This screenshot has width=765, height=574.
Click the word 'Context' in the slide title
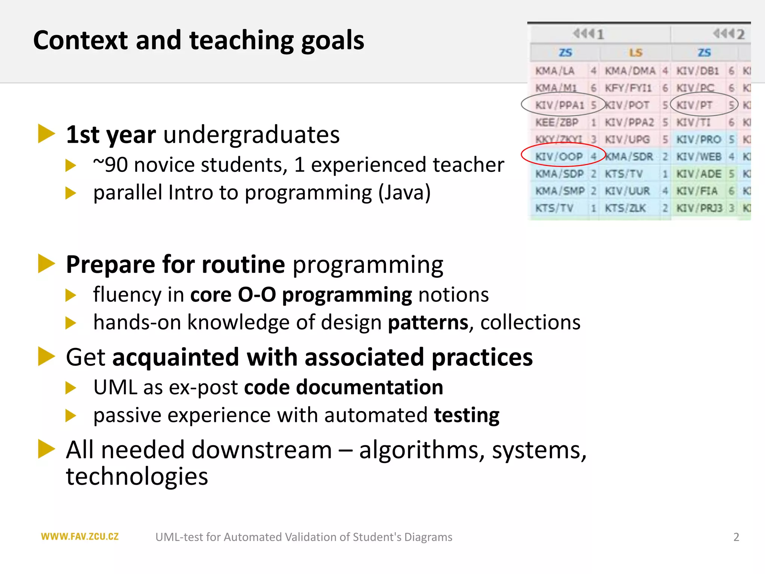(x=80, y=40)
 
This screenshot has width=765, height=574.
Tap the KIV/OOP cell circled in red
(x=559, y=157)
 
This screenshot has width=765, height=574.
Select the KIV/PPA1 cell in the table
(x=559, y=105)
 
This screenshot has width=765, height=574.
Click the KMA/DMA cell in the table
(x=630, y=71)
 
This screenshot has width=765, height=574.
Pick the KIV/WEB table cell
(x=699, y=157)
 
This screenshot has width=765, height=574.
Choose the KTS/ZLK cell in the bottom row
(x=625, y=208)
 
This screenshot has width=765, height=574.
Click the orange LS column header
(x=635, y=53)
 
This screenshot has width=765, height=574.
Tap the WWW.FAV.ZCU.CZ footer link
(x=80, y=537)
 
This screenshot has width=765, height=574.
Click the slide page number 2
(x=736, y=537)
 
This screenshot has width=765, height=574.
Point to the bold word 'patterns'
(x=428, y=323)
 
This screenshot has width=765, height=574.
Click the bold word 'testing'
(x=467, y=415)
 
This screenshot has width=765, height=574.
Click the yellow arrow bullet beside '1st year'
(x=46, y=134)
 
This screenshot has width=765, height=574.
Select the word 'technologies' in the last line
(x=137, y=476)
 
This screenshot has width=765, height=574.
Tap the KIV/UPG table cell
(x=627, y=140)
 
